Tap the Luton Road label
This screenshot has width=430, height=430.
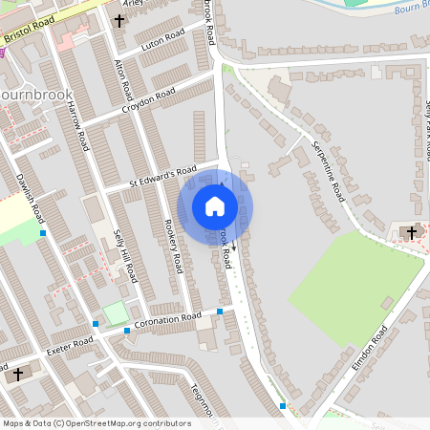click(161, 42)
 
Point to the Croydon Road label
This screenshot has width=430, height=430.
click(148, 100)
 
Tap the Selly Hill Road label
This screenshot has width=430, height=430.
click(125, 256)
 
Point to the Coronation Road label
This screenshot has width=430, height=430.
click(167, 321)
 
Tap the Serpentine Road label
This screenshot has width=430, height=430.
click(327, 169)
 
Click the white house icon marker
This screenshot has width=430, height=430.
click(215, 204)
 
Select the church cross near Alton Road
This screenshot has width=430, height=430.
click(119, 20)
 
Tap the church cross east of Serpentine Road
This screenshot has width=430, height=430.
click(414, 231)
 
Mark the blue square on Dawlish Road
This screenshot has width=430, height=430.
click(43, 232)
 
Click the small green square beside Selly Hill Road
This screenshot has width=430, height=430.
click(115, 312)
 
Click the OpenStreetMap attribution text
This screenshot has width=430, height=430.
click(96, 423)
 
